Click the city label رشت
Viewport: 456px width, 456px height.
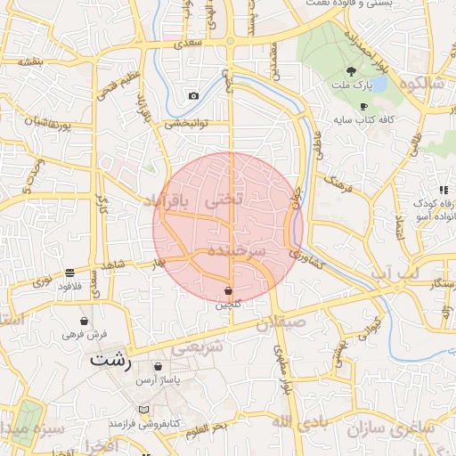111,362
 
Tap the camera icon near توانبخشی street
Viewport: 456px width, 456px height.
193,95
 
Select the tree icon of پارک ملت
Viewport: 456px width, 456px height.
353,72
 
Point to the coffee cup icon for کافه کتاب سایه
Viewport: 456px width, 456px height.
363,106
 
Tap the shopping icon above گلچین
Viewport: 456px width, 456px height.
229,290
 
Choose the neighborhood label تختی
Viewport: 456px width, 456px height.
224,200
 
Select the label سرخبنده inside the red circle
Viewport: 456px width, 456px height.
236,251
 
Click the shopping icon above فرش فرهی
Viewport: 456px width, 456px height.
84,321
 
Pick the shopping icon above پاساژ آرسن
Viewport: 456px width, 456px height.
158,366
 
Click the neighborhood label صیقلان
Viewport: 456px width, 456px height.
281,322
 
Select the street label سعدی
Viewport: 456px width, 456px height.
189,42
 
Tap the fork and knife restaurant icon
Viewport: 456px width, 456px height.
443,190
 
